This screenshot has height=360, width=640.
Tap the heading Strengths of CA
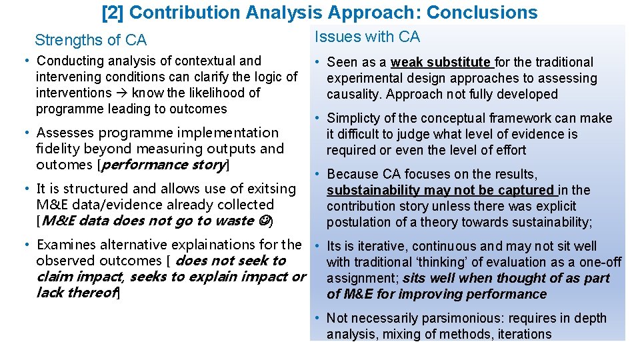91,40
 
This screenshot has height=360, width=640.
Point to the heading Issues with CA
367,37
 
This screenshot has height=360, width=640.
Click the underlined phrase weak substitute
441,62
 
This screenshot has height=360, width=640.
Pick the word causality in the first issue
353,94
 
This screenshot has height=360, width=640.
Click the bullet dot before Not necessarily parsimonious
320,319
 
